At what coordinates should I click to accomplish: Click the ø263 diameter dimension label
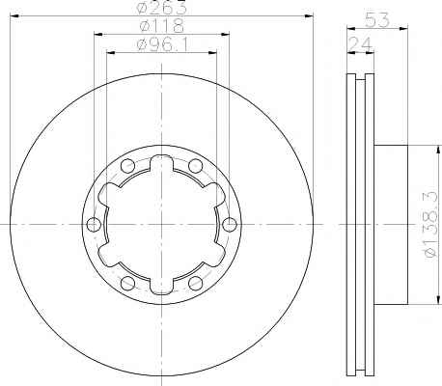[x=161, y=7]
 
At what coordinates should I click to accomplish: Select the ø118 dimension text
[x=162, y=25]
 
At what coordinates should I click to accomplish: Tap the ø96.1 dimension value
[x=162, y=44]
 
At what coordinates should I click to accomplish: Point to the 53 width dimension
[x=376, y=20]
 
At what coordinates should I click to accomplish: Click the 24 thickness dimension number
[x=360, y=44]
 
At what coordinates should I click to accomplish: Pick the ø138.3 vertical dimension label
[x=430, y=225]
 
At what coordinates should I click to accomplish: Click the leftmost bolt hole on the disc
[x=94, y=224]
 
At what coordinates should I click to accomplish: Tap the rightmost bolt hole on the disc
[x=230, y=224]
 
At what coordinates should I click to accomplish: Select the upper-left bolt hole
[x=127, y=166]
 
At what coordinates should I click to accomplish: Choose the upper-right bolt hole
[x=195, y=166]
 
